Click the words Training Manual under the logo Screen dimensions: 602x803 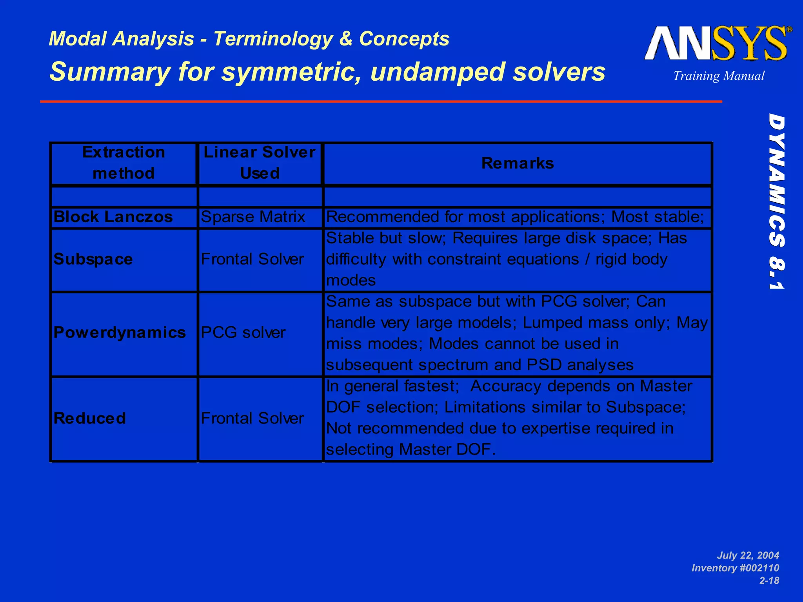(719, 76)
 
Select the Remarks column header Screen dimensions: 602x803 (517, 163)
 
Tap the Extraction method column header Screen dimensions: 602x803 (124, 163)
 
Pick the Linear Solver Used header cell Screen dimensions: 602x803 (260, 163)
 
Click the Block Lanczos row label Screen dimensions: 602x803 (113, 217)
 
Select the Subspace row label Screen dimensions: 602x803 (93, 259)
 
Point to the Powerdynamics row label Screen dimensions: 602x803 (120, 333)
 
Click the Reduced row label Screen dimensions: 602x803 (89, 418)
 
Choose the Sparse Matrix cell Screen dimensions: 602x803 (253, 217)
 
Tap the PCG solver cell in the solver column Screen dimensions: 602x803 (243, 333)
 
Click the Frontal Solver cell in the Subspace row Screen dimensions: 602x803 (252, 259)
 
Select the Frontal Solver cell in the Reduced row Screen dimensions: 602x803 (252, 418)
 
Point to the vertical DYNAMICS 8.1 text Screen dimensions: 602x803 (776, 201)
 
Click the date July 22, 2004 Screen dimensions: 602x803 (748, 555)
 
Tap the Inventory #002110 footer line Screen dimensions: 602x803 (735, 568)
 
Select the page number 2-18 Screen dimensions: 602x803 (769, 580)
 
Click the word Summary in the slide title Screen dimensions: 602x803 (110, 72)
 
